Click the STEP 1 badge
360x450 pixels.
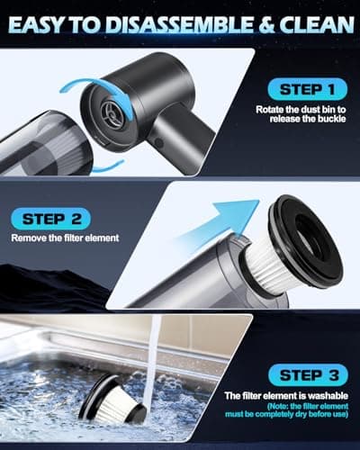tap(308, 89)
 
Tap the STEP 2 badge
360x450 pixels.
tap(50, 218)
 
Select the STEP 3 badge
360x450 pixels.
tap(309, 375)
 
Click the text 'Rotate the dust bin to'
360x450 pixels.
tap(301, 110)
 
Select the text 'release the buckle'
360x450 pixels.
tap(308, 119)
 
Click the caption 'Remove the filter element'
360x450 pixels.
tap(65, 238)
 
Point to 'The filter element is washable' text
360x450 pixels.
tap(286, 396)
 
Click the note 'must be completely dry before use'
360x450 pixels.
tap(286, 414)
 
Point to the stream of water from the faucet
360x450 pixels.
tap(151, 360)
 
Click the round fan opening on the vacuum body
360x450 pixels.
tap(110, 112)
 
